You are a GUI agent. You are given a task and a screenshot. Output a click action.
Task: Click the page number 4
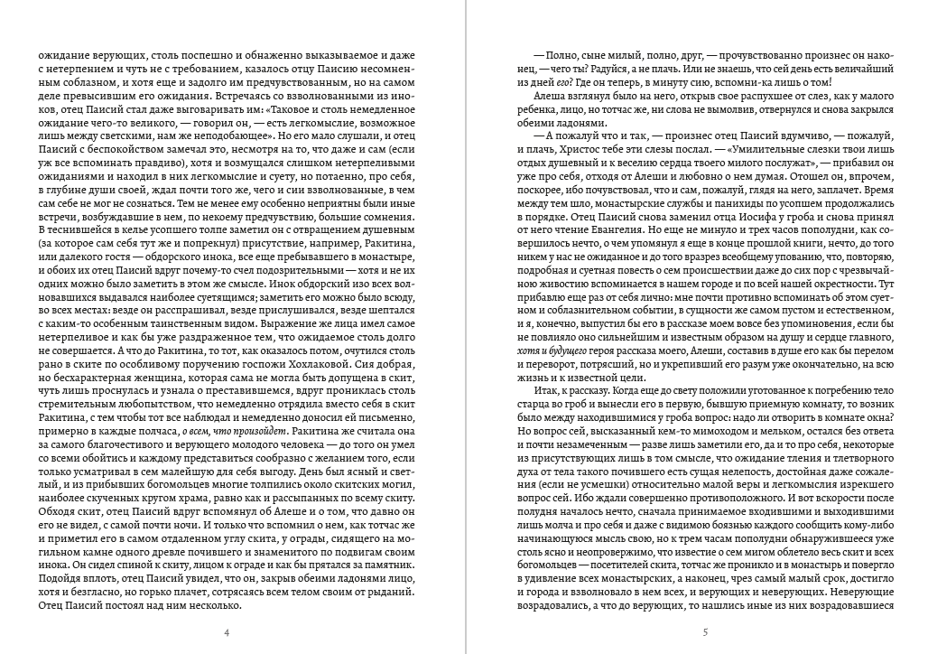tap(227, 631)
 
